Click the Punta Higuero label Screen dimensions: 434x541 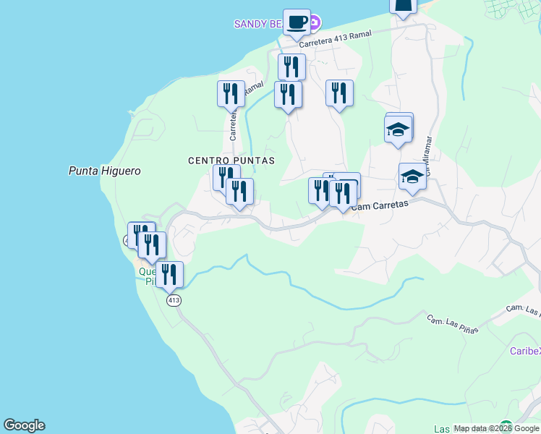pyautogui.click(x=104, y=171)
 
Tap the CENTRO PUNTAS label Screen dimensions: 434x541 pyautogui.click(x=231, y=161)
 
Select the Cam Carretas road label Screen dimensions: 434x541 pyautogui.click(x=380, y=205)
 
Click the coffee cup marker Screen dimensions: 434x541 pyautogui.click(x=297, y=22)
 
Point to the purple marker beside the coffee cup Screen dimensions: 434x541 pyautogui.click(x=314, y=24)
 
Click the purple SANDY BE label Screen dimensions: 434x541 pyautogui.click(x=257, y=24)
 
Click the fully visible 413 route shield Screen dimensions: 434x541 pyautogui.click(x=173, y=299)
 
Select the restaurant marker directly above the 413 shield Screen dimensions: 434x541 pyautogui.click(x=169, y=275)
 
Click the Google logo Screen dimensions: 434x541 pyautogui.click(x=24, y=425)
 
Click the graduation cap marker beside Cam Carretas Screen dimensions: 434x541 pyautogui.click(x=412, y=176)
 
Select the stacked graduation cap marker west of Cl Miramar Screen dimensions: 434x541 pyautogui.click(x=398, y=130)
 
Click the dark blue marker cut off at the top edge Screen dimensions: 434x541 pyautogui.click(x=404, y=7)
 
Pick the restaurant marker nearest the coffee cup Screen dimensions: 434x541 pyautogui.click(x=291, y=67)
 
